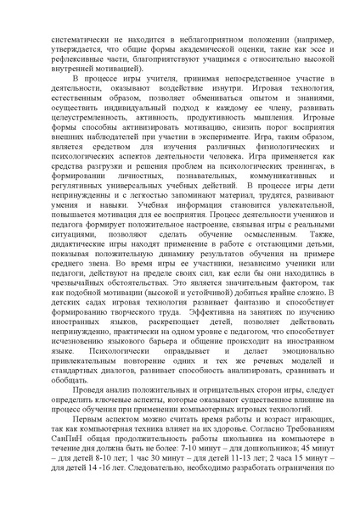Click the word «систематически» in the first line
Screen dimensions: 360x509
(x=79, y=40)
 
